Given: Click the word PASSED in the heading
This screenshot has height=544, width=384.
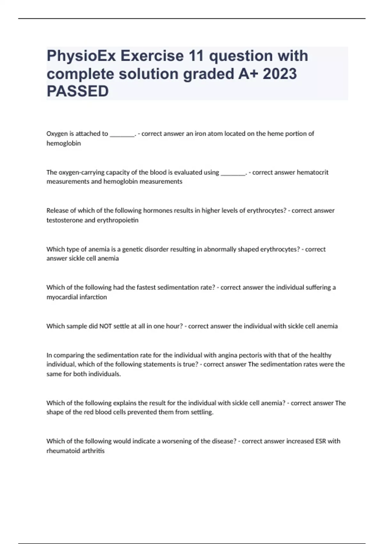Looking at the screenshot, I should [x=78, y=91].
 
